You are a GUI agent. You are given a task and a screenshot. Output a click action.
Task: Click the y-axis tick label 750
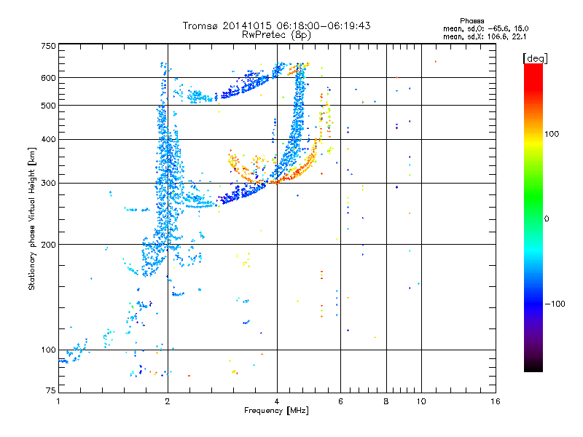click(49, 46)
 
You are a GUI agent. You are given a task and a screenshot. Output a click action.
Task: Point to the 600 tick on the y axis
click(49, 78)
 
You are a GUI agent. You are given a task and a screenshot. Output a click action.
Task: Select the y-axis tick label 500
click(49, 106)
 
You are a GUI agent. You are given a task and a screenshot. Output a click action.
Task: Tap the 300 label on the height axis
click(49, 184)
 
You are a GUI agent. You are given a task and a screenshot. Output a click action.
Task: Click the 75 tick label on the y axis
click(51, 390)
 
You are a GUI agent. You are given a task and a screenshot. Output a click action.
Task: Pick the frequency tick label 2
click(168, 401)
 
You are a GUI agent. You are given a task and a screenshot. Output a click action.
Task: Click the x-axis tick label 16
click(496, 401)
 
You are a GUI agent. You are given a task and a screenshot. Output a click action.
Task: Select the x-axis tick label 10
click(421, 401)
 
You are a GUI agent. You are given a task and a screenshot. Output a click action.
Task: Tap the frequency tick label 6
click(340, 401)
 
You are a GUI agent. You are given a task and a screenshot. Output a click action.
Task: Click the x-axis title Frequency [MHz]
click(277, 411)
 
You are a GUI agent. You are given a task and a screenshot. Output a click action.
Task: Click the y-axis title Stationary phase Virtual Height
click(31, 231)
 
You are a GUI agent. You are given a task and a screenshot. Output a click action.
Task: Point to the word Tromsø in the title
click(201, 25)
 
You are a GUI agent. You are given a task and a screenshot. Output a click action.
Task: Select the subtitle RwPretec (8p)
click(277, 35)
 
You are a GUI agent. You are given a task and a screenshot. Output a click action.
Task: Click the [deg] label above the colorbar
click(536, 59)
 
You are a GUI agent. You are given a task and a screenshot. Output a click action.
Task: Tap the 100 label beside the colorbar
click(552, 134)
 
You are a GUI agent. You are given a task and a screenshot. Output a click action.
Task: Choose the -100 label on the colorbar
click(555, 304)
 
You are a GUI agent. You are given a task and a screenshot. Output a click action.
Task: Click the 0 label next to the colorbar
click(547, 219)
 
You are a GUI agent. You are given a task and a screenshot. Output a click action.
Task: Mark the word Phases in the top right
click(472, 21)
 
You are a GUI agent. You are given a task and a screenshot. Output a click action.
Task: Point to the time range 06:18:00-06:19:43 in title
click(323, 25)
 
